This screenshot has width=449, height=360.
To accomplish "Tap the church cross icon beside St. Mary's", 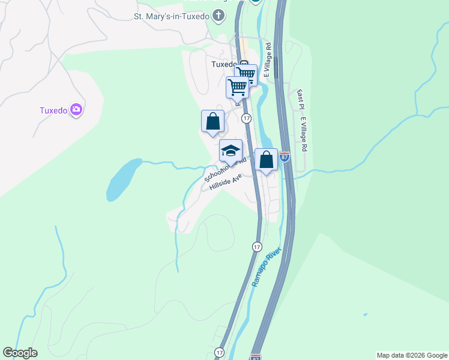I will (218, 16).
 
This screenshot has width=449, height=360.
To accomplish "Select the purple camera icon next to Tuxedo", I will (76, 110).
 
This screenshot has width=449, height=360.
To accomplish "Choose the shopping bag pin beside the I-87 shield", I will (266, 160).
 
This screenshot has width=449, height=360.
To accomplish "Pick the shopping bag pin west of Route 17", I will (212, 121).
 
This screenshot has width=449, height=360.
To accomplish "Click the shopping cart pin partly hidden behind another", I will (246, 74).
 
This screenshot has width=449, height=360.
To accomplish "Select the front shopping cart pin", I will (237, 87).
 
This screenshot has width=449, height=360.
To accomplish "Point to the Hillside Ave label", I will (225, 182).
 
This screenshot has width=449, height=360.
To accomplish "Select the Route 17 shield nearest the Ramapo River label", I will (257, 247).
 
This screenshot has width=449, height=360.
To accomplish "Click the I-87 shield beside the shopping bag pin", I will (285, 158).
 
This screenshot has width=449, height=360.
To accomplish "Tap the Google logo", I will (20, 353).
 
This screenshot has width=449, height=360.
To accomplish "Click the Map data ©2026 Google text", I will (412, 355).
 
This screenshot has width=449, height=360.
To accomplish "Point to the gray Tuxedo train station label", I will (224, 65).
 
